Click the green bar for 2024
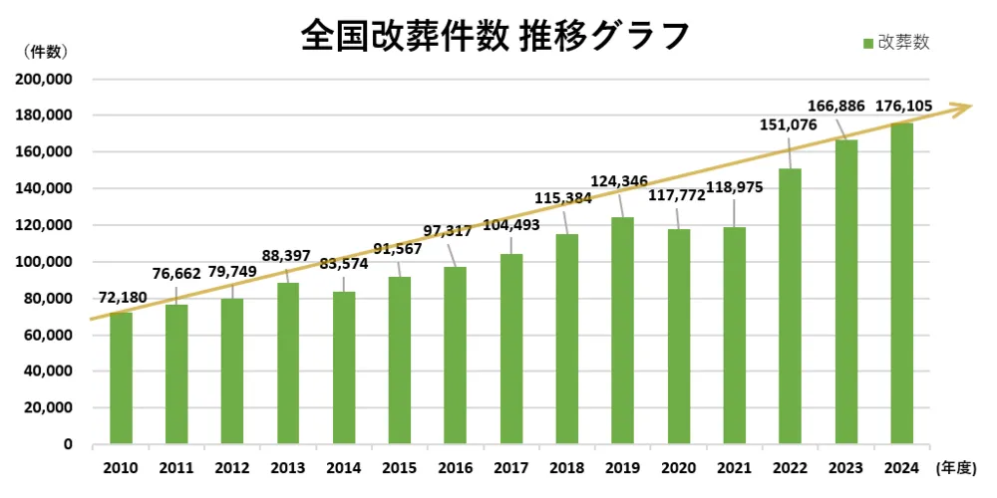(x=901, y=284)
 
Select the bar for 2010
(x=121, y=377)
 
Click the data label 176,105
(x=903, y=106)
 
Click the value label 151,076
(x=788, y=124)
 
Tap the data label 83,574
(x=344, y=264)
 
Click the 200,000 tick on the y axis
(x=46, y=79)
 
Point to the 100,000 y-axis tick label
(x=46, y=262)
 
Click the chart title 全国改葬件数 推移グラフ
(x=495, y=35)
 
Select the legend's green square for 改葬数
(x=867, y=43)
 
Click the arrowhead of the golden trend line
(x=962, y=107)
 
